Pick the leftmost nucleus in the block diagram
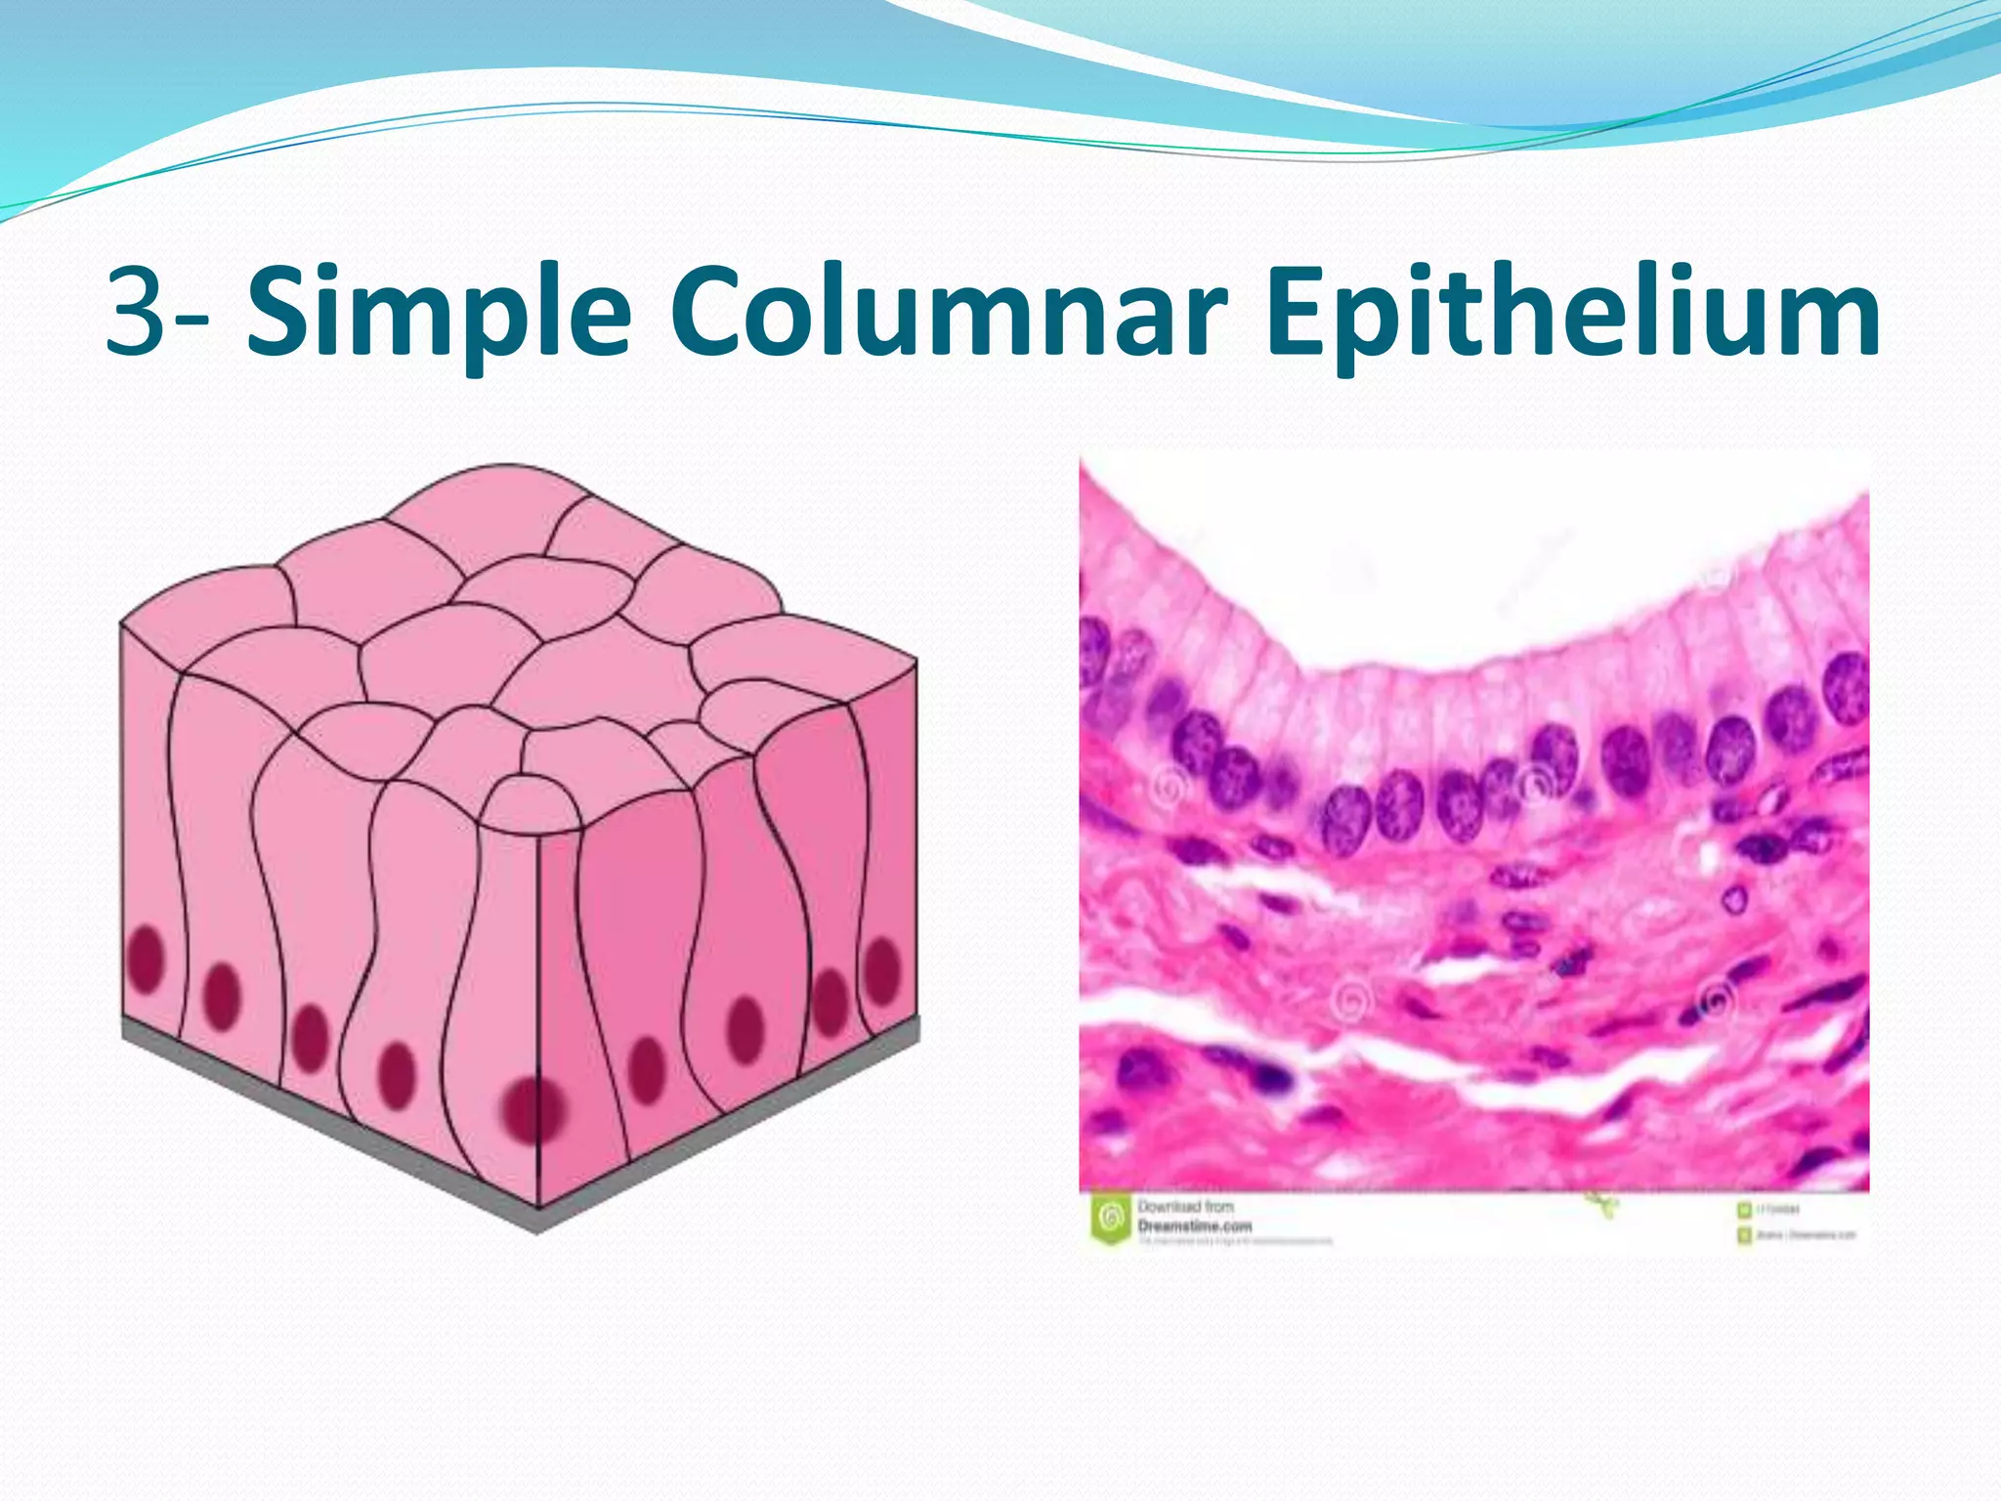pyautogui.click(x=147, y=958)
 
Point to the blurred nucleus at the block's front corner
pyautogui.click(x=532, y=1110)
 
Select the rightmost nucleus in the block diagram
pyautogui.click(x=882, y=968)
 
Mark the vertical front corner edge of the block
pyautogui.click(x=539, y=977)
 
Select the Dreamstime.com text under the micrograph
pyautogui.click(x=1194, y=1225)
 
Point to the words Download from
pyautogui.click(x=1185, y=1207)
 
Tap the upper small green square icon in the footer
pyautogui.click(x=1744, y=1210)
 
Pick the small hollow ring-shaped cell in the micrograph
pyautogui.click(x=1735, y=897)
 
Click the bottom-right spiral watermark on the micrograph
pyautogui.click(x=1717, y=1002)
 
